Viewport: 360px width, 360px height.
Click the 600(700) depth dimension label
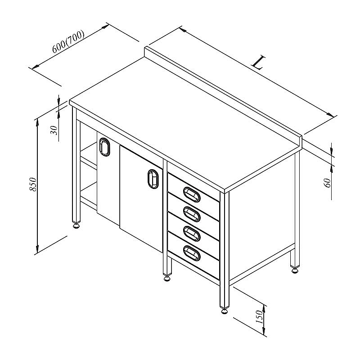pyautogui.click(x=68, y=41)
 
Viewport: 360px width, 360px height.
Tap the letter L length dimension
pyautogui.click(x=258, y=62)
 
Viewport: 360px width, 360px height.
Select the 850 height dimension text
pyautogui.click(x=33, y=184)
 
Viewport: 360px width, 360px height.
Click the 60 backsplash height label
pyautogui.click(x=328, y=183)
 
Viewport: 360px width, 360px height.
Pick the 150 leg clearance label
pyautogui.click(x=259, y=317)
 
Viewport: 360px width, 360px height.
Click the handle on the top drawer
pyautogui.click(x=192, y=194)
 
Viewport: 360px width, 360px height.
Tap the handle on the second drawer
pyautogui.click(x=192, y=214)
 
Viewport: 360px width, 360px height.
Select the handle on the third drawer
pyautogui.click(x=192, y=234)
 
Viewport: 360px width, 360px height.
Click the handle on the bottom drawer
pyautogui.click(x=192, y=253)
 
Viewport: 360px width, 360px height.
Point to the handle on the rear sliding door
pyautogui.click(x=105, y=147)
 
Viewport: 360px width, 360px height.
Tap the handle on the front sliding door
pyautogui.click(x=153, y=179)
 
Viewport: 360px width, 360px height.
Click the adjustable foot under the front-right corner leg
pyautogui.click(x=224, y=311)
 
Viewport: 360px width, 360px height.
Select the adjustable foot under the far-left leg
pyautogui.click(x=76, y=226)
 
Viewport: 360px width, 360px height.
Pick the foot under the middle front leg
pyautogui.click(x=166, y=279)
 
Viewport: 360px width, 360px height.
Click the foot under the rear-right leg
pyautogui.click(x=295, y=271)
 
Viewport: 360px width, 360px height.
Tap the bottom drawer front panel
pyautogui.click(x=193, y=256)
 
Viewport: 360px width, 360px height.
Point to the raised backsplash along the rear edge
pyautogui.click(x=223, y=96)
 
